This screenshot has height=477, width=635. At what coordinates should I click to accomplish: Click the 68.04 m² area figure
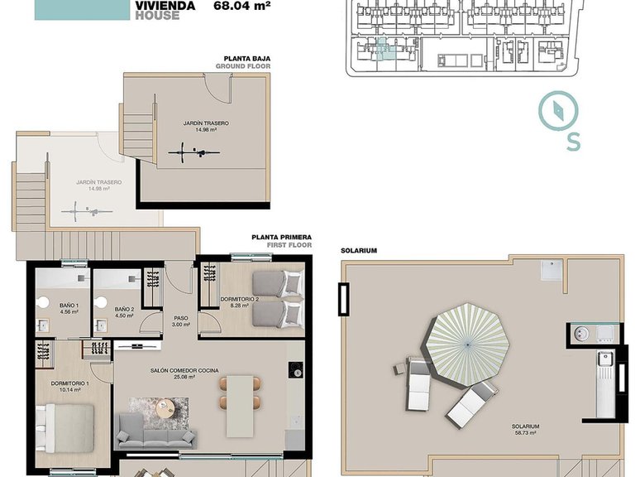point(242,4)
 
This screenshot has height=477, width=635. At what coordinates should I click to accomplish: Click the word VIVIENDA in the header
point(165,5)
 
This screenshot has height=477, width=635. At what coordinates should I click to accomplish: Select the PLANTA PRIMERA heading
point(279,237)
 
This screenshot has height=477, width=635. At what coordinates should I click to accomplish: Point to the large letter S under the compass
point(573,141)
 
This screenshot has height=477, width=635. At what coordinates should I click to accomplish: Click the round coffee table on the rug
point(167,407)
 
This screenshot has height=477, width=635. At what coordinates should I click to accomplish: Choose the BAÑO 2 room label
point(126,306)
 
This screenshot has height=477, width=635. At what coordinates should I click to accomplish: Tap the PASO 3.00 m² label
point(180,320)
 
